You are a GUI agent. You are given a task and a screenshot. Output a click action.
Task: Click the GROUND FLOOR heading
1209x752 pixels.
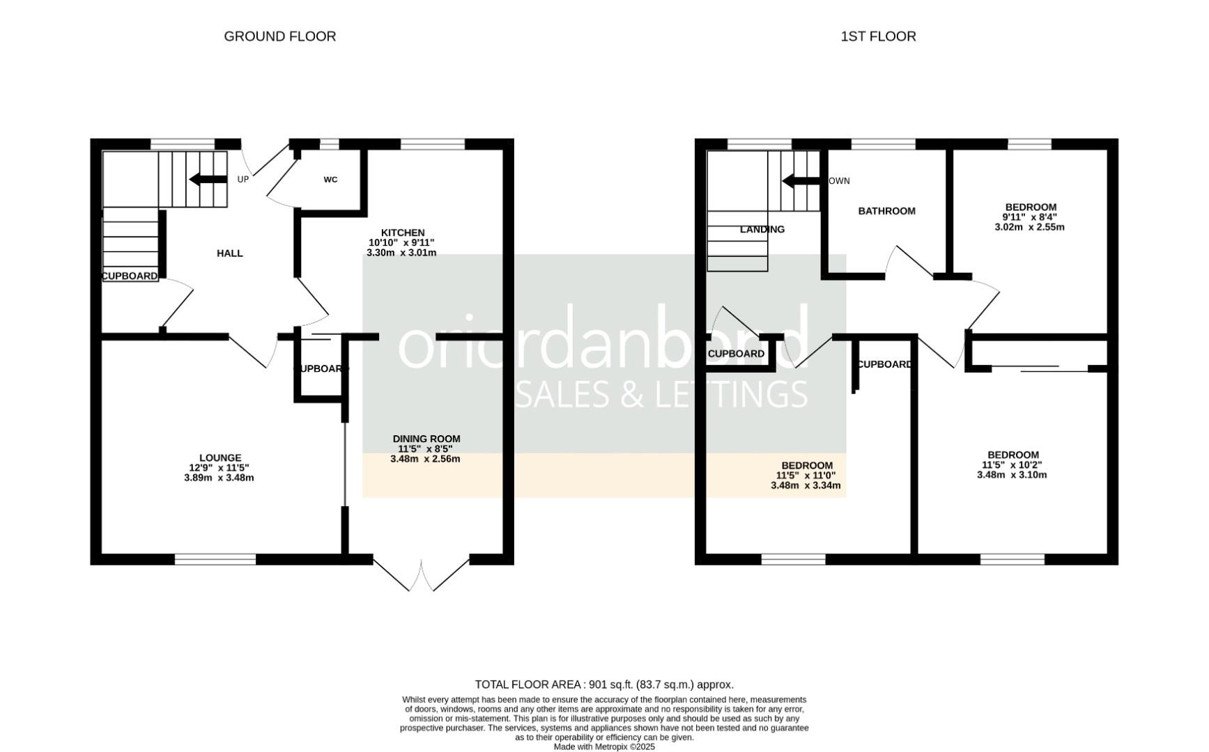click(x=279, y=36)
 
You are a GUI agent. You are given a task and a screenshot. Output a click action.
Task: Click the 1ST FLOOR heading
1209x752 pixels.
click(x=878, y=36)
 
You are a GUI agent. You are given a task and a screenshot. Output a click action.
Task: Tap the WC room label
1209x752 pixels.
click(x=330, y=180)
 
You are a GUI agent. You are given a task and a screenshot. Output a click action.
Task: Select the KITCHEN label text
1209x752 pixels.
click(x=402, y=233)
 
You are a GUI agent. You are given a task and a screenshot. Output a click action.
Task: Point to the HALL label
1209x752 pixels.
click(x=229, y=253)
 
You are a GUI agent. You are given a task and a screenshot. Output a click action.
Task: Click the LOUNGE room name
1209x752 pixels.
click(x=220, y=458)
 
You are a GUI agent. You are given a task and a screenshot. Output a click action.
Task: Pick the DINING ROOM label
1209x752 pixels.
click(x=426, y=439)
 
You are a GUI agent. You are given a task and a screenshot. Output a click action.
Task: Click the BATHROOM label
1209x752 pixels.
click(x=886, y=211)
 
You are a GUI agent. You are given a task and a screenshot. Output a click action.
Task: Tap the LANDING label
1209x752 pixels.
click(x=762, y=229)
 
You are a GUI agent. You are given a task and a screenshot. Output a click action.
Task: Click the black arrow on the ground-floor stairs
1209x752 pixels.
click(x=208, y=180)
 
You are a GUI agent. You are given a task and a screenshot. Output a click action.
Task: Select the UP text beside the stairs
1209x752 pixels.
click(x=242, y=180)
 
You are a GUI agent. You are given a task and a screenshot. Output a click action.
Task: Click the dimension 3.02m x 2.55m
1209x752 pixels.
click(x=1029, y=227)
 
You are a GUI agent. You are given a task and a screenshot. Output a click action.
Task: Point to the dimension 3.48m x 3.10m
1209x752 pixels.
click(x=1011, y=475)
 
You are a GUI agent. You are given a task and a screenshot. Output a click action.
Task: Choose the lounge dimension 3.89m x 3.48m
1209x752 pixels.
click(x=219, y=478)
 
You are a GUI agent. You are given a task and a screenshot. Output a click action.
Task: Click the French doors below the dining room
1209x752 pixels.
click(x=422, y=574)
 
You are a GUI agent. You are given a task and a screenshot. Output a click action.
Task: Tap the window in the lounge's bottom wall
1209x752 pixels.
click(x=215, y=559)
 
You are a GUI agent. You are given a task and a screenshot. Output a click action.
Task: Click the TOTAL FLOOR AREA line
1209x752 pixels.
click(x=603, y=684)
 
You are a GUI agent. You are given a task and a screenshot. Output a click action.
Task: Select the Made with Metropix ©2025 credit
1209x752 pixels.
click(x=603, y=746)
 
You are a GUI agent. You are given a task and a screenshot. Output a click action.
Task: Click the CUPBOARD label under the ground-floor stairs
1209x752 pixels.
click(x=130, y=276)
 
